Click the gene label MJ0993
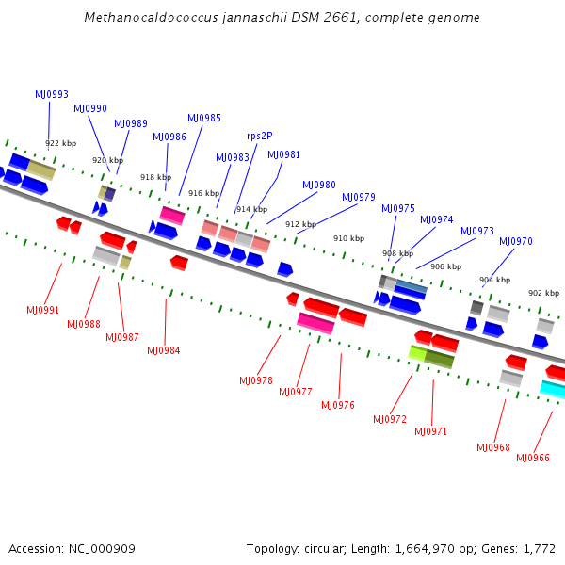[x=52, y=94]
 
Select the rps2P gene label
[x=260, y=136]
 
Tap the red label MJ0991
[x=42, y=310]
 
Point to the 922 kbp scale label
[x=60, y=143]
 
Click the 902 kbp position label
[x=543, y=293]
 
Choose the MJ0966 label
[x=533, y=458]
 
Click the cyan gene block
[x=554, y=389]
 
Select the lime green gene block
[x=418, y=353]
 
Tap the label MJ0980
[x=318, y=185]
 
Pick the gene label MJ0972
[x=390, y=419]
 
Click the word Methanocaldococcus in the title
[x=142, y=18]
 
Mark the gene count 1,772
[x=540, y=548]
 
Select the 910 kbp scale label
[x=348, y=238]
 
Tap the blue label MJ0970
[x=516, y=241]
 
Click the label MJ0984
[x=163, y=350]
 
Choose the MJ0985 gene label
[x=204, y=118]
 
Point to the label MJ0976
[x=338, y=405]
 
